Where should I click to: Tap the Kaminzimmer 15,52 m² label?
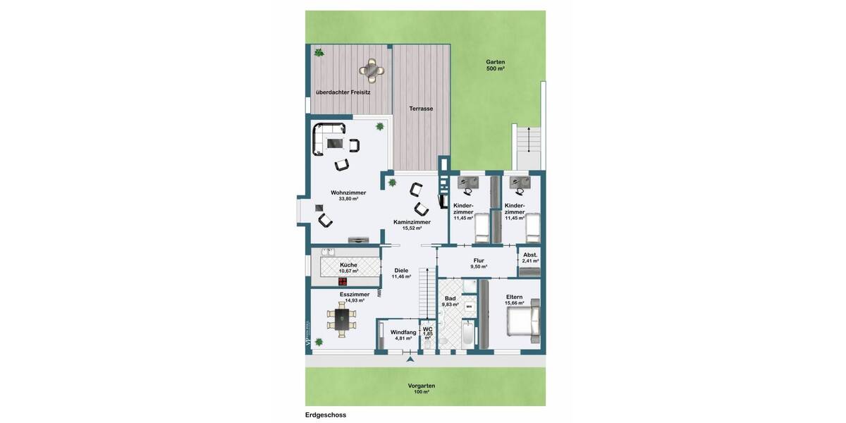click(412, 225)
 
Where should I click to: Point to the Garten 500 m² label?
click(496, 65)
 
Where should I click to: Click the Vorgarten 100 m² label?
click(422, 388)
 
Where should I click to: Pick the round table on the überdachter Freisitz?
click(372, 70)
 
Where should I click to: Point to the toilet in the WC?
click(427, 343)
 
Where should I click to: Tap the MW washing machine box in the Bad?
click(468, 307)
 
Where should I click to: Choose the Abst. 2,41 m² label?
click(530, 257)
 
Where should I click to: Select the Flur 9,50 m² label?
click(479, 264)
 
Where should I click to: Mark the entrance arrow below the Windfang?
click(409, 360)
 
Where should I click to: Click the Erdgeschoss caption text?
click(326, 415)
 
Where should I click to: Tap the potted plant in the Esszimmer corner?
click(319, 341)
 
